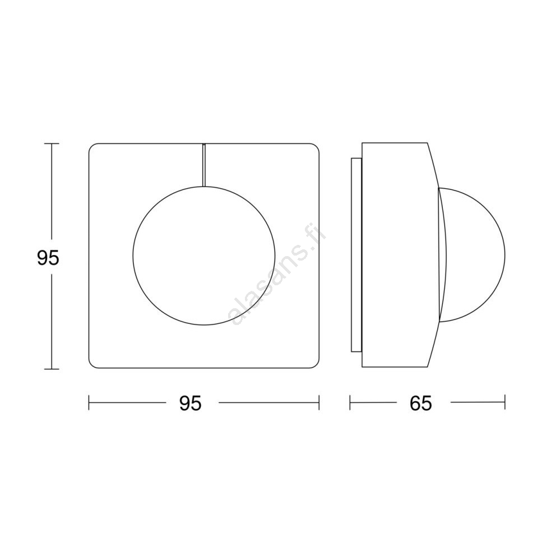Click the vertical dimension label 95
[48, 258]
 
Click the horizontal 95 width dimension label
[191, 403]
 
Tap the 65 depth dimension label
[421, 403]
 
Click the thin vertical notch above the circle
[204, 165]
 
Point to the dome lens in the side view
[504, 255]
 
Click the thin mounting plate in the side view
[356, 255]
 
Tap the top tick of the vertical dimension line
[52, 143]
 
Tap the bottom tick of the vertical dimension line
[52, 369]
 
